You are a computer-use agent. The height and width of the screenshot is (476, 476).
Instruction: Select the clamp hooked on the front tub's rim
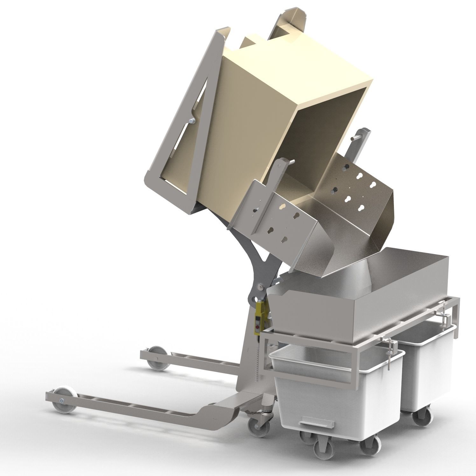[x=391, y=353]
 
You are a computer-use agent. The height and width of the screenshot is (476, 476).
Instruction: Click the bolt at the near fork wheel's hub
[x=61, y=400]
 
